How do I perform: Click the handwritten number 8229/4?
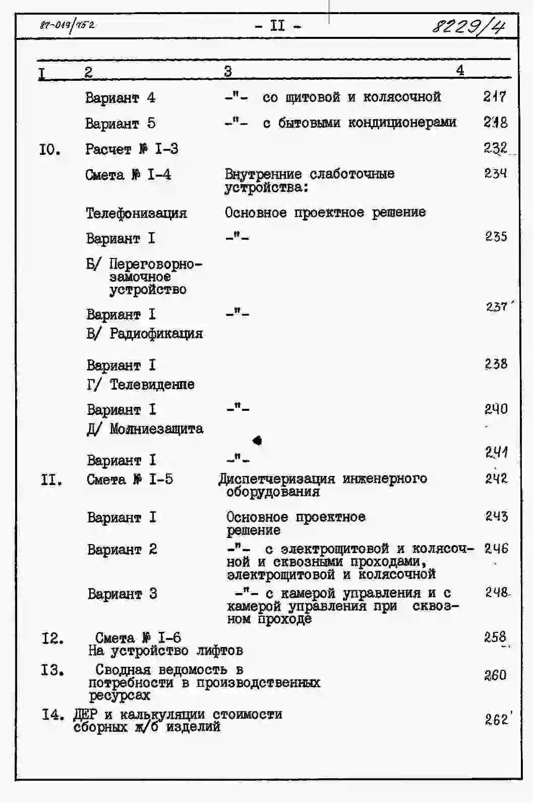(x=468, y=25)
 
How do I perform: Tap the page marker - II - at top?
(x=278, y=25)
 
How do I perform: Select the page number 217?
(x=494, y=96)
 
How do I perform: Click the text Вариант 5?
(x=120, y=123)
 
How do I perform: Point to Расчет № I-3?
(x=131, y=149)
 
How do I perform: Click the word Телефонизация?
(x=136, y=213)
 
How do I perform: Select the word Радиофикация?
(x=156, y=333)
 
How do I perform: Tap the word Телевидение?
(x=152, y=384)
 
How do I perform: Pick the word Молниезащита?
(x=156, y=429)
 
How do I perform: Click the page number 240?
(x=496, y=409)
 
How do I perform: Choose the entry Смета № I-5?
(x=130, y=479)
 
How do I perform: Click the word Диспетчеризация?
(x=277, y=478)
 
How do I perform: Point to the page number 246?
(x=496, y=548)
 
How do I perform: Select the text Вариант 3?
(x=122, y=594)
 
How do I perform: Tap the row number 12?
(x=52, y=638)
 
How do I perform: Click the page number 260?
(x=495, y=675)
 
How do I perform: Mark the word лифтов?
(x=219, y=651)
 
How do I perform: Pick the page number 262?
(x=496, y=719)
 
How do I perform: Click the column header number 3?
(x=228, y=71)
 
